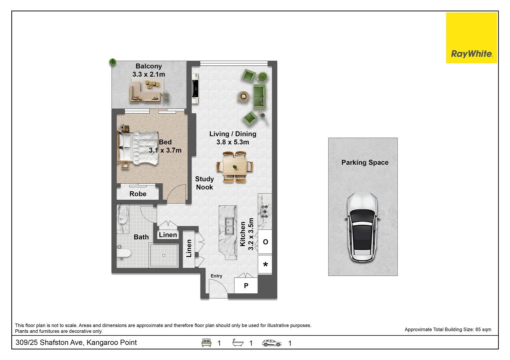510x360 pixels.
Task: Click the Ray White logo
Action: [471, 38]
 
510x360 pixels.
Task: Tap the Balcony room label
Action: [148, 66]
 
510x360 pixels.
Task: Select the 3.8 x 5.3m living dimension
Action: [232, 142]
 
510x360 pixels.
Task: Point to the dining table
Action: [235, 167]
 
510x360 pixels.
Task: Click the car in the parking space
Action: [362, 227]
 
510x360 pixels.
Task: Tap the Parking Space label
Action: [365, 163]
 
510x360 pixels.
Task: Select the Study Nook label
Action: [204, 183]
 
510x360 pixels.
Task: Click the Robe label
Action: [138, 194]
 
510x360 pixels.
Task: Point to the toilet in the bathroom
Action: [124, 253]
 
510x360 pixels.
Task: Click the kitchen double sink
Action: [229, 226]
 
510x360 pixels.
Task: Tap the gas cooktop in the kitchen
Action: [265, 212]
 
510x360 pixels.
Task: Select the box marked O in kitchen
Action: [265, 242]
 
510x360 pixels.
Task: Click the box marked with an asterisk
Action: [265, 265]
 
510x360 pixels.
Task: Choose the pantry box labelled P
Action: [246, 286]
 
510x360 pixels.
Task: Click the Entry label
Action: [216, 276]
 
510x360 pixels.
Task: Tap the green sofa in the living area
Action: [260, 96]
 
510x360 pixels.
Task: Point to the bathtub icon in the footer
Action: [238, 343]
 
